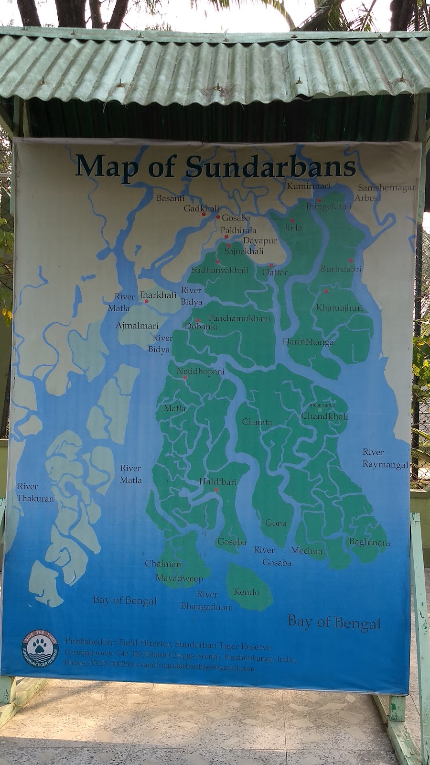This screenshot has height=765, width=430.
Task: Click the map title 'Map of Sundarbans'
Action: click(215, 166)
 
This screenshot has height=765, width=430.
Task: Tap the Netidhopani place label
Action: click(200, 371)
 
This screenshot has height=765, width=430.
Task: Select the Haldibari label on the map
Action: click(218, 482)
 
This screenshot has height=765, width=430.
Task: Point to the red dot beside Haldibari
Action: click(216, 490)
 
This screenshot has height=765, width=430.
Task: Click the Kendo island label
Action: click(247, 592)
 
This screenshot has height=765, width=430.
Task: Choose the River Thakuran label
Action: click(35, 492)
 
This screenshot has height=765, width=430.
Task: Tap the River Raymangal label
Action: click(385, 458)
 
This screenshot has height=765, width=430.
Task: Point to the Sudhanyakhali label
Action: click(219, 270)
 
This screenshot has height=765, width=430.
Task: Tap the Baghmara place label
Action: click(369, 542)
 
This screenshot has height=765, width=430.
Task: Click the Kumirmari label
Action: click(308, 186)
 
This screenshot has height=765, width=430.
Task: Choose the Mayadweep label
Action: click(179, 579)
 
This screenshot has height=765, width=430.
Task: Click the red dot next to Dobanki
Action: click(198, 320)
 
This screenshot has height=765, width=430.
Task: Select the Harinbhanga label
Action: click(308, 342)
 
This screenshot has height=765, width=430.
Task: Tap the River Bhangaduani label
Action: click(206, 601)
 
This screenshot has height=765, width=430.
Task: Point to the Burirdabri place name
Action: click(341, 269)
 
